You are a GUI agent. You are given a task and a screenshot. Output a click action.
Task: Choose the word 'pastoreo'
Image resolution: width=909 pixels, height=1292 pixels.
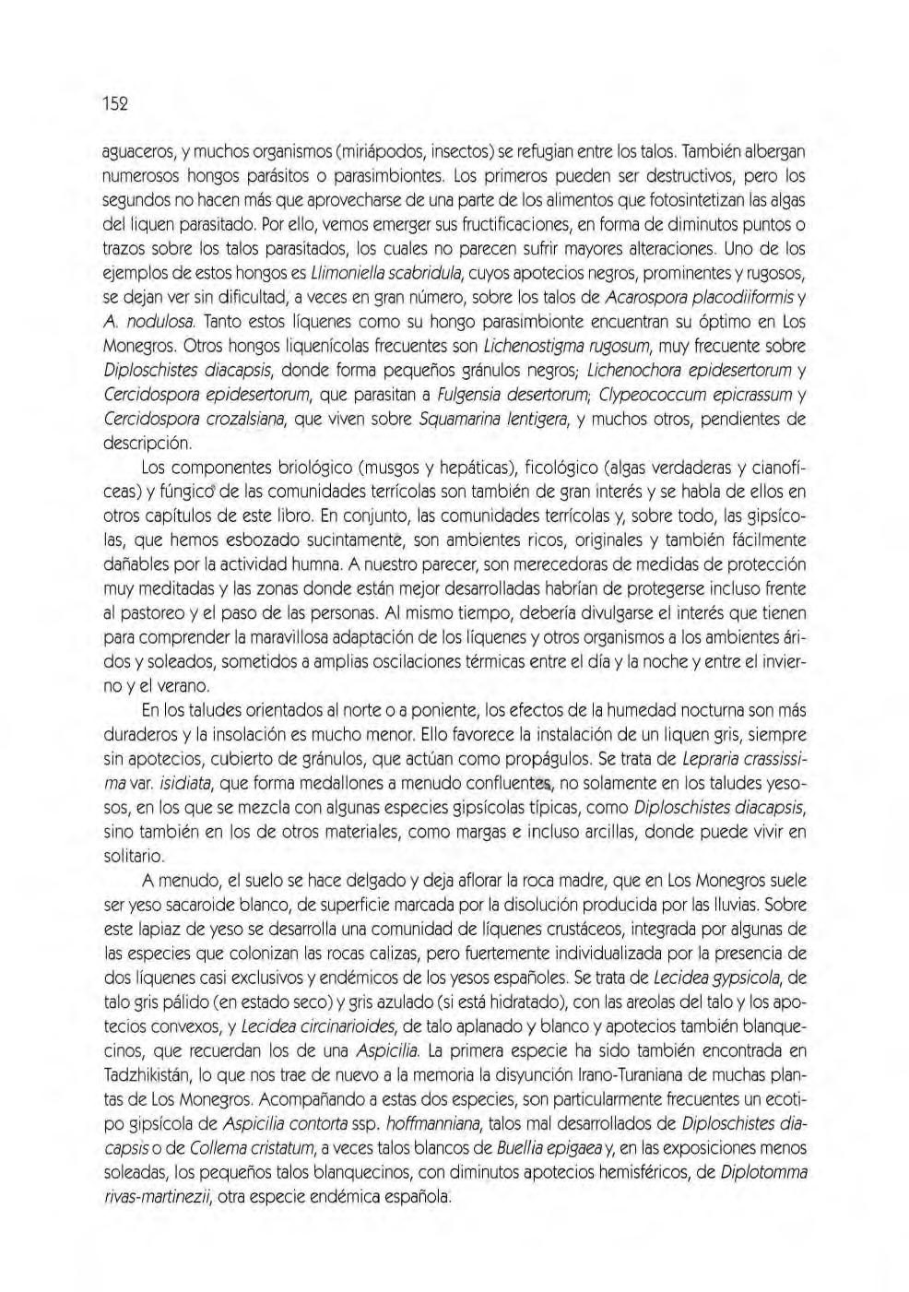(x=158, y=612)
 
